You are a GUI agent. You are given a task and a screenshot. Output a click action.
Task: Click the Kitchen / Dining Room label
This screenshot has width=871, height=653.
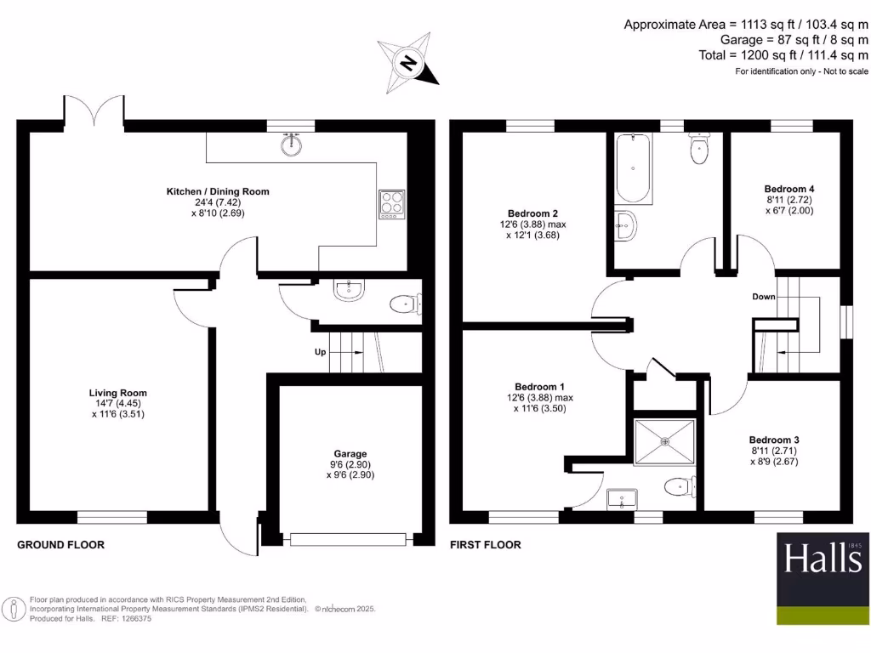tap(217, 191)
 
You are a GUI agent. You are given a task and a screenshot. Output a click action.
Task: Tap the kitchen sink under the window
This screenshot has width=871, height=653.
tap(291, 145)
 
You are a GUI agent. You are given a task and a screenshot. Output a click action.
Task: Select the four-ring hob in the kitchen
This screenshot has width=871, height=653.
tap(392, 204)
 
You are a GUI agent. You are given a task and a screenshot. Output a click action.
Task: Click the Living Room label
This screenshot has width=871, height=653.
tap(118, 393)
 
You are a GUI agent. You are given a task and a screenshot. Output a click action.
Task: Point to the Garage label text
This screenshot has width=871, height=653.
tap(350, 454)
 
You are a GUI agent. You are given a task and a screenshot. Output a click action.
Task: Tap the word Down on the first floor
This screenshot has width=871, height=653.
tap(764, 298)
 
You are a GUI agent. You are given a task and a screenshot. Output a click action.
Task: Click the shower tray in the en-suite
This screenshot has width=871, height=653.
tap(665, 441)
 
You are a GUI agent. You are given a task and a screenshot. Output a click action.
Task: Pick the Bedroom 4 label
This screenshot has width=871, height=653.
tap(788, 189)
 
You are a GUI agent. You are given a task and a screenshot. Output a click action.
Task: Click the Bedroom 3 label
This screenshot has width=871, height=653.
tap(774, 440)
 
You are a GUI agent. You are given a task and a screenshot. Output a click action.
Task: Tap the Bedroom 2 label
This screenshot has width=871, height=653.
tap(532, 213)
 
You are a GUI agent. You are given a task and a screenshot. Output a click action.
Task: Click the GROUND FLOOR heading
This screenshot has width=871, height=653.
tap(61, 544)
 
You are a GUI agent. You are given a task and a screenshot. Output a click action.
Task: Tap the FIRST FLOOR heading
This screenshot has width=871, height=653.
tap(486, 544)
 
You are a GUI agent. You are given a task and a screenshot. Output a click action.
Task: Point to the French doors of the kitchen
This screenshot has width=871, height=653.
tap(94, 111)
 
